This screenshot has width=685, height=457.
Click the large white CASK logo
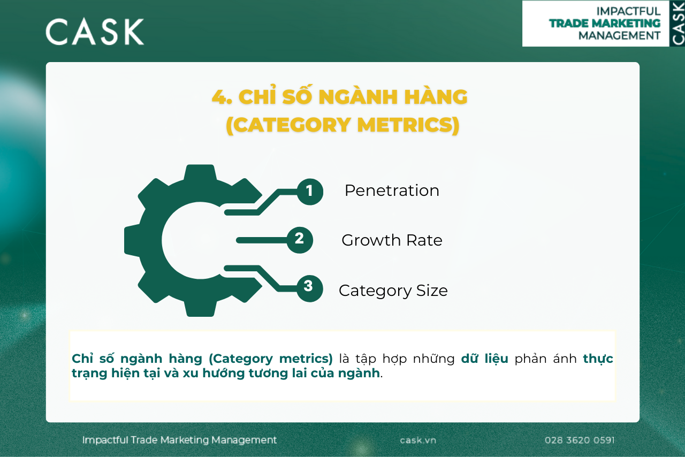coord(95,32)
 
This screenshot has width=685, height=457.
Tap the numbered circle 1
coord(310,192)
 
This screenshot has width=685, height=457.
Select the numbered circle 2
coord(300,240)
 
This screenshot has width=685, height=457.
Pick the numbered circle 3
coord(309,288)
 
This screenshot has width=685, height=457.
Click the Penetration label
coord(392,191)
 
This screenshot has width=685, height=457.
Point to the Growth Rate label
coord(392,240)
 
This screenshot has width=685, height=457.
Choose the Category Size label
coord(393,291)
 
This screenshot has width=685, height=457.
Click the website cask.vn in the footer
coord(418,440)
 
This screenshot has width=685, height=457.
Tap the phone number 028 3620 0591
coord(580,440)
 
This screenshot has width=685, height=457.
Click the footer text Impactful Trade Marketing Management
coord(179,440)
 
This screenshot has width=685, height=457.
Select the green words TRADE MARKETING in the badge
coord(605,23)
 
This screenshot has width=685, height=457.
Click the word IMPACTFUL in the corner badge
coord(628,11)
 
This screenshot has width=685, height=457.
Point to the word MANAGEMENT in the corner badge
coord(620,35)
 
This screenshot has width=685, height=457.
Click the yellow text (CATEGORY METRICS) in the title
coord(342,125)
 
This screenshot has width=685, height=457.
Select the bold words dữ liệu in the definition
coord(485,358)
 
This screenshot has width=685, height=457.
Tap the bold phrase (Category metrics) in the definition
coord(271,359)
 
